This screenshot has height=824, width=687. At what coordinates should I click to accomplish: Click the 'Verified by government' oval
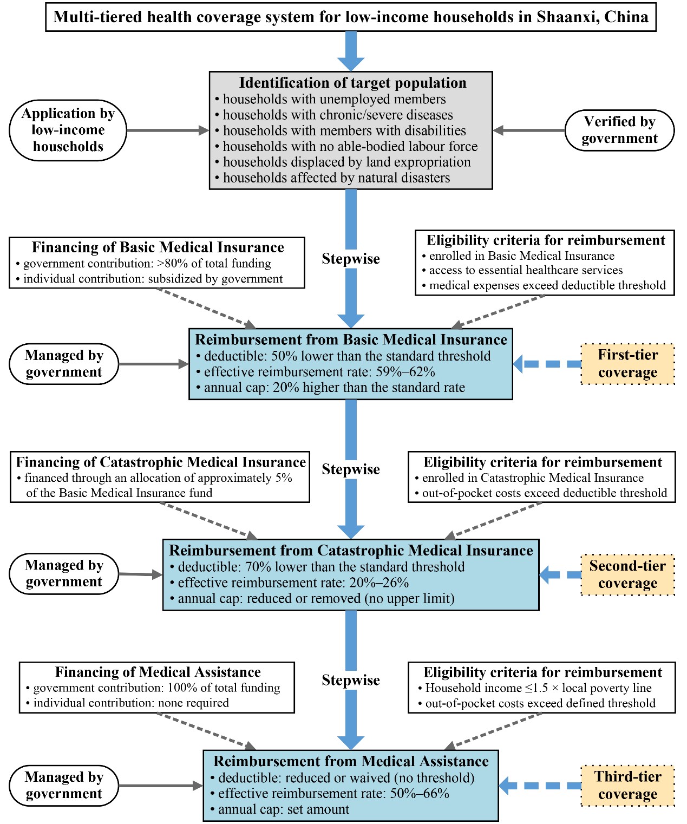tap(619, 130)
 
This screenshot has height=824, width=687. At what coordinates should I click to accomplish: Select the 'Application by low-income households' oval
tap(68, 130)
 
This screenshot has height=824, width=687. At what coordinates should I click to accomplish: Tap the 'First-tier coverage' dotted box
tap(627, 364)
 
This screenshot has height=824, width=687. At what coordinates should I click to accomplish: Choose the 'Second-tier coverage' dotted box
tap(627, 574)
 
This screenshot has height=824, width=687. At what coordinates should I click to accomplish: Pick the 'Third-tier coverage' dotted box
tap(627, 786)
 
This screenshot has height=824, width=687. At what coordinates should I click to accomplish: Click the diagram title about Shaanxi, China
tap(351, 17)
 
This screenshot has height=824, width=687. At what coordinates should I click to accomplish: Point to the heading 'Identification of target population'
tap(352, 83)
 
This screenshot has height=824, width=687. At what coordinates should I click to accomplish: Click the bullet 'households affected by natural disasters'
tap(336, 178)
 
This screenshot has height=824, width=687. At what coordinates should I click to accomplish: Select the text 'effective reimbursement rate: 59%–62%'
tap(319, 372)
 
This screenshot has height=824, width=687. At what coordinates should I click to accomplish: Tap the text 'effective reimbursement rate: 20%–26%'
tap(293, 583)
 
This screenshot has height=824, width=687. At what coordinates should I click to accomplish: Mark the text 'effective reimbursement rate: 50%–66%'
tap(333, 794)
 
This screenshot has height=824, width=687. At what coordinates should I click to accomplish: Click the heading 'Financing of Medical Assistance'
tap(158, 672)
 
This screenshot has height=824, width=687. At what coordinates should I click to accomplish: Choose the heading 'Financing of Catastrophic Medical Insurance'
tap(161, 462)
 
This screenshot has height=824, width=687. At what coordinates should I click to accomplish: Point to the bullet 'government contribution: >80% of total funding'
tap(147, 264)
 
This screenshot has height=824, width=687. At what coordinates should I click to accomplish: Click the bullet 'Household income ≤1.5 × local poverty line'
tap(538, 688)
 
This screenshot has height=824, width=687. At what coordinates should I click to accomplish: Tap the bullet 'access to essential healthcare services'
tap(526, 270)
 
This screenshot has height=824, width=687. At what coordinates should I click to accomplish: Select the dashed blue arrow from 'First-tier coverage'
tap(547, 364)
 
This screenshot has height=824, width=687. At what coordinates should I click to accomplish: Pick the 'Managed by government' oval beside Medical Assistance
tap(64, 786)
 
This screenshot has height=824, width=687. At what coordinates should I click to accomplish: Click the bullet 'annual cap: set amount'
tap(283, 809)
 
